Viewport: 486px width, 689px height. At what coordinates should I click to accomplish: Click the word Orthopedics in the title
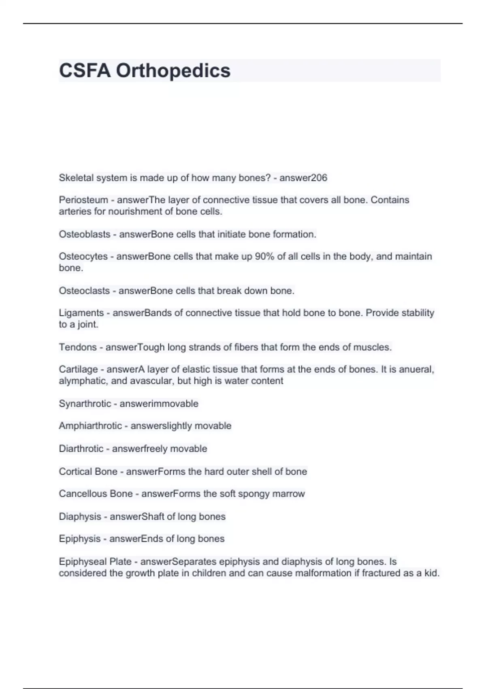(173, 71)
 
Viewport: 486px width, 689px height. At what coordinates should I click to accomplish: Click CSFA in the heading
(85, 71)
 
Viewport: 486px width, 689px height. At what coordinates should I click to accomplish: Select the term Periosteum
(83, 200)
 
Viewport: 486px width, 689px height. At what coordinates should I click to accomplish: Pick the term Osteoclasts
(84, 291)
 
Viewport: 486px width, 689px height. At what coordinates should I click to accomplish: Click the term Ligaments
(81, 313)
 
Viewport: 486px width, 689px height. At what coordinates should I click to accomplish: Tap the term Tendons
(78, 347)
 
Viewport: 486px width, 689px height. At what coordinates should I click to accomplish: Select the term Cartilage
(78, 370)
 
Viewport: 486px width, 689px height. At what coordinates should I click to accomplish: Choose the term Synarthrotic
(85, 404)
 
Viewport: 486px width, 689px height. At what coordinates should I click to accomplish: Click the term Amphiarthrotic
(90, 426)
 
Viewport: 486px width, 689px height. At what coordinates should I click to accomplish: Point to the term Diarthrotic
(81, 449)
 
